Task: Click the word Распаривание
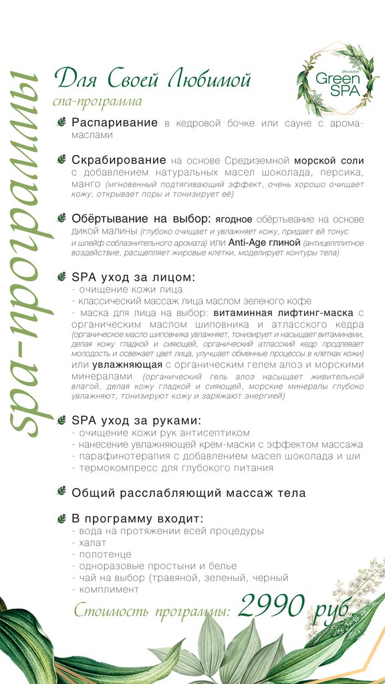pyautogui.click(x=114, y=123)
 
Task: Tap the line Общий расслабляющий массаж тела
pyautogui.click(x=188, y=493)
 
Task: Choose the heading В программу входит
pyautogui.click(x=138, y=519)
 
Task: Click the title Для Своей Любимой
pyautogui.click(x=152, y=79)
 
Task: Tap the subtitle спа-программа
pyautogui.click(x=97, y=102)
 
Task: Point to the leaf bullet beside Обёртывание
pyautogui.click(x=61, y=218)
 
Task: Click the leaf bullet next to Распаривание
pyautogui.click(x=61, y=123)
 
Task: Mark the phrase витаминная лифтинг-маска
pyautogui.click(x=283, y=313)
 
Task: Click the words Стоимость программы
pyautogui.click(x=152, y=611)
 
